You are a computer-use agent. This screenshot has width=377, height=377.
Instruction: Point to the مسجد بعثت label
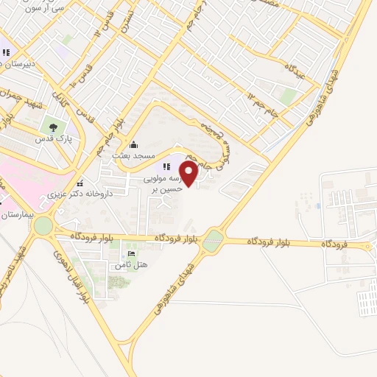pos(133,156)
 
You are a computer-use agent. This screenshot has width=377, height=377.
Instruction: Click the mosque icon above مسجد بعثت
pos(133,145)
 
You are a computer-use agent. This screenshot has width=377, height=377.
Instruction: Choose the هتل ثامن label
pos(133,264)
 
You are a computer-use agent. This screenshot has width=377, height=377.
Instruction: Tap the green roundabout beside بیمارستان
pos(43,225)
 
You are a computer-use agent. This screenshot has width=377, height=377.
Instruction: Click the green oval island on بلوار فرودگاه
pos(213,240)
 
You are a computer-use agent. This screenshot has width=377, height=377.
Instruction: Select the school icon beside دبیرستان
pos(6,52)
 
